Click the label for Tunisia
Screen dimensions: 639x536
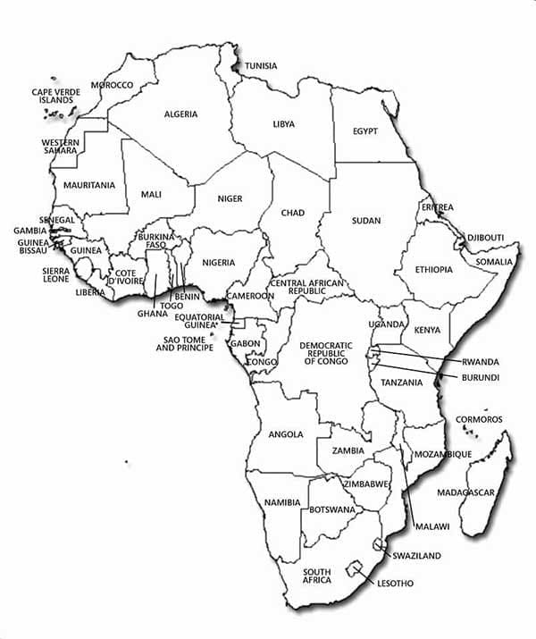click(261, 66)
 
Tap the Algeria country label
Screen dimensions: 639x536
click(180, 114)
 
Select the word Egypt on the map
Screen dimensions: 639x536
click(364, 131)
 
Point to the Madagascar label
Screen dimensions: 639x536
click(466, 492)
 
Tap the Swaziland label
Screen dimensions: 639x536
click(416, 556)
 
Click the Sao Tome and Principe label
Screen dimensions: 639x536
click(185, 343)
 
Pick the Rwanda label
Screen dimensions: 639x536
click(481, 362)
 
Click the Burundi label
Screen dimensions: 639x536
click(480, 378)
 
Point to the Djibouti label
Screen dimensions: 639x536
click(486, 238)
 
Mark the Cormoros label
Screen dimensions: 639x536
click(479, 419)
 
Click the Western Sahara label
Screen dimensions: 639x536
click(60, 147)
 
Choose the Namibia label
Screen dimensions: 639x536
click(282, 503)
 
